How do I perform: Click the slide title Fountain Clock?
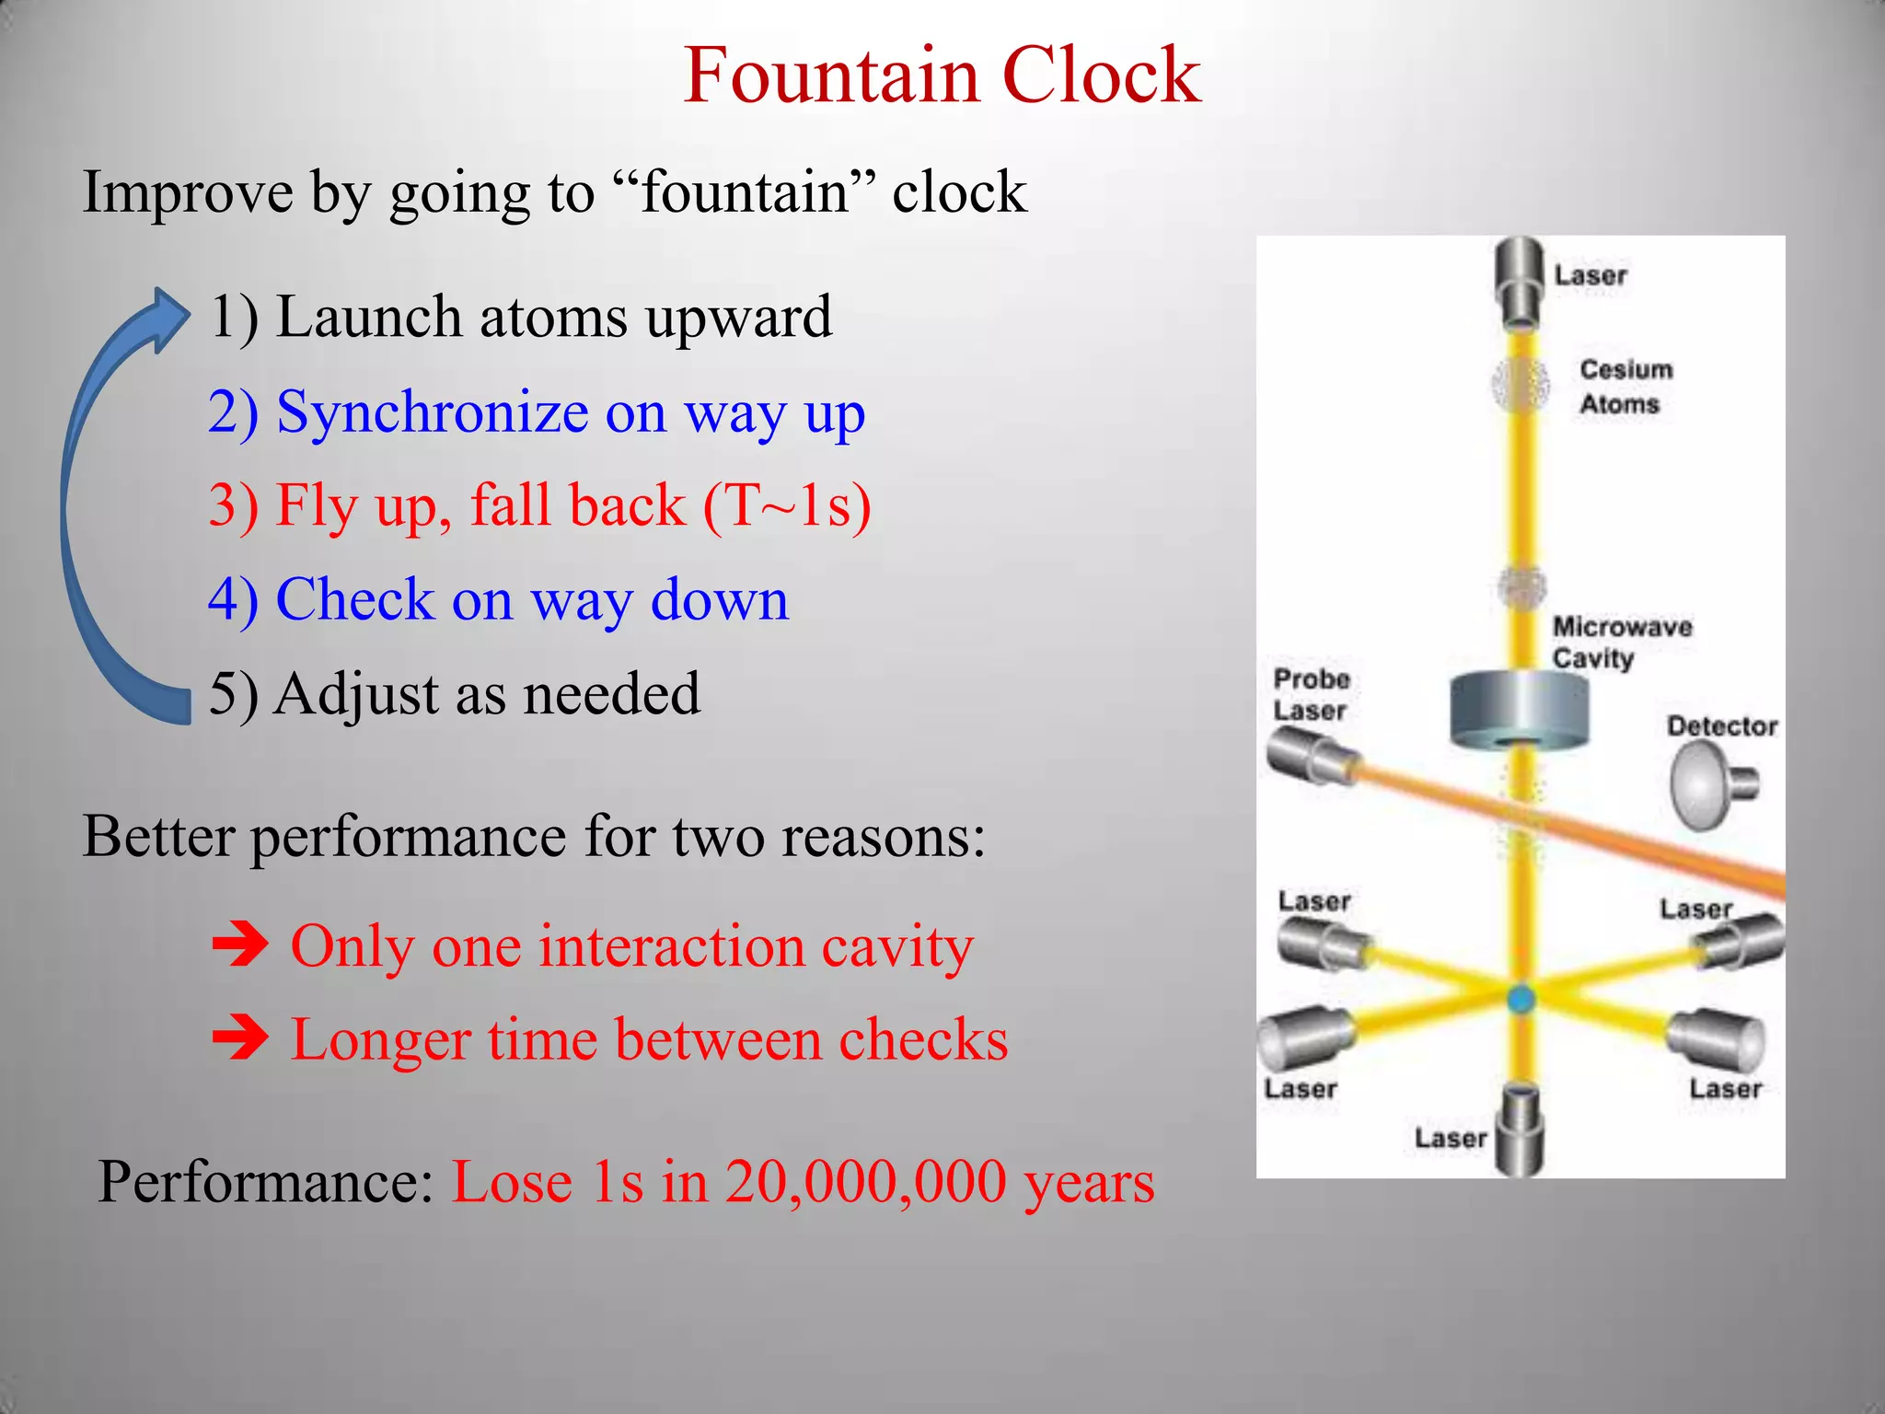942,75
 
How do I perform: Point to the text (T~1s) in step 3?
787,505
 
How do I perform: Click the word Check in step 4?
354,599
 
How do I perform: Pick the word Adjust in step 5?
356,693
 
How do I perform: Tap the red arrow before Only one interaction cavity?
240,945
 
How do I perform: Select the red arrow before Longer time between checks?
240,1039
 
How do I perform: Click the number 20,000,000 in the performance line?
865,1182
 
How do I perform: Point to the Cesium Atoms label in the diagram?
1625,387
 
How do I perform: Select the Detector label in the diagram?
1721,726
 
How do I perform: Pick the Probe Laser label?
1311,695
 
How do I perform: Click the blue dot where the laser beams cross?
1520,999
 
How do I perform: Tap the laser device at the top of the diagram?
1519,281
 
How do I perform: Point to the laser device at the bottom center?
1519,1130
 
